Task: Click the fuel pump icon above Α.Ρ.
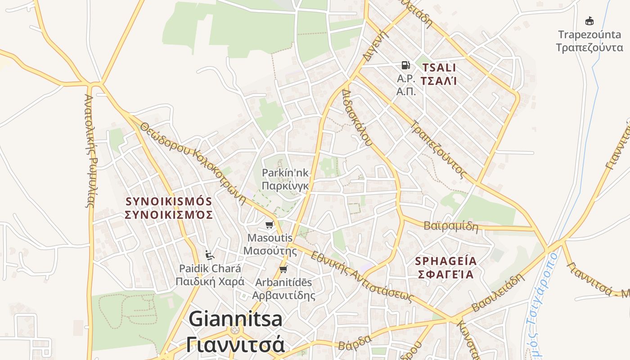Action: click(x=405, y=65)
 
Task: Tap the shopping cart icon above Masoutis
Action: click(x=269, y=225)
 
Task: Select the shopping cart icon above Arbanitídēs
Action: click(x=283, y=270)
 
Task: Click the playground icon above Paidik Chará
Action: click(x=209, y=255)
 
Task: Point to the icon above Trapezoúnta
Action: click(x=589, y=21)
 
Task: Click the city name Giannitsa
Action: click(x=235, y=319)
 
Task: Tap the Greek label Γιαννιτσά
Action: click(x=235, y=345)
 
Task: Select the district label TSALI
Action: click(x=438, y=68)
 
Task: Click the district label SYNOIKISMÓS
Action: click(x=168, y=201)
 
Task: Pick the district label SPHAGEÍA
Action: click(x=445, y=261)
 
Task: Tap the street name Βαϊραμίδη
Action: click(x=451, y=225)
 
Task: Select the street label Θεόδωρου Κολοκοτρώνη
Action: click(x=193, y=162)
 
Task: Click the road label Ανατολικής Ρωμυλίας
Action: click(x=90, y=151)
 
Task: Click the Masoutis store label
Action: click(x=270, y=238)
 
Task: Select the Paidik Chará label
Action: click(x=210, y=269)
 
